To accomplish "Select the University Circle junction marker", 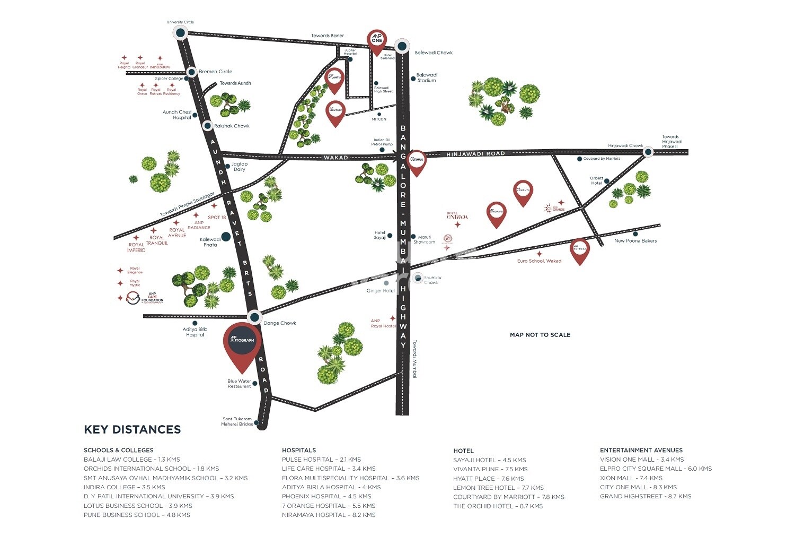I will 180,33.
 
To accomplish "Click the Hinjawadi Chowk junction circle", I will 648,152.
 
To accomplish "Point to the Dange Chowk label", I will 280,323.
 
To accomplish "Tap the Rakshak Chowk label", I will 232,126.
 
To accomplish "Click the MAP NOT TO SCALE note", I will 540,335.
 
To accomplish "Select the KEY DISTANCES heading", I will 132,429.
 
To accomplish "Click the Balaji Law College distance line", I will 132,460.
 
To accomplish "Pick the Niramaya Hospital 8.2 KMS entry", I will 329,515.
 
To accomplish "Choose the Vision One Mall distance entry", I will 642,460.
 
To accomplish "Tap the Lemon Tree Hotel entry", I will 498,488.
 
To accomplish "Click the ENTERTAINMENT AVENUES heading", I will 641,450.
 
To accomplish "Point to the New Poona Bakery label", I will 635,241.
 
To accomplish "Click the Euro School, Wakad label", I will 539,261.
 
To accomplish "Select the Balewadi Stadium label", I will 427,78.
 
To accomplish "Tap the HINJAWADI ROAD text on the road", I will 476,153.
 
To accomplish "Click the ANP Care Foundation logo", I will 145,299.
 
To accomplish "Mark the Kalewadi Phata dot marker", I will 225,237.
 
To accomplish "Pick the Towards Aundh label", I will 235,83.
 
